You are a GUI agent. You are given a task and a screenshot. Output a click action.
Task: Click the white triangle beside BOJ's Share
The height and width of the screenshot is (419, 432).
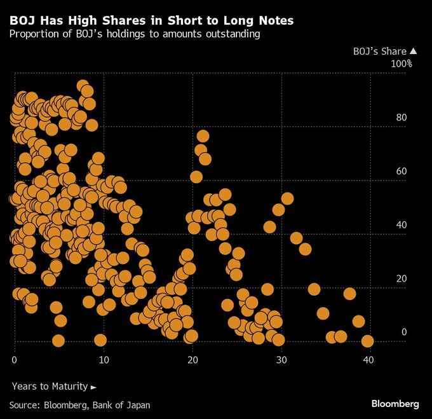coord(413,52)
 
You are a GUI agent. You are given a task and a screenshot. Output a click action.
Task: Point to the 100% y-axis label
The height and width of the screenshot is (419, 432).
coord(401,64)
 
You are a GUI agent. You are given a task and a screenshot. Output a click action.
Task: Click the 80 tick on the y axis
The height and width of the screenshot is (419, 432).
coord(400,117)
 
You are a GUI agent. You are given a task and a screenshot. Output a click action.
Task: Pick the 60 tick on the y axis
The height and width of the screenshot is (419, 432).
coord(400,171)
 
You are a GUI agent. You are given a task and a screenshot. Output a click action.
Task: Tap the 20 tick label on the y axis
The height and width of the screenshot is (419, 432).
coord(400,278)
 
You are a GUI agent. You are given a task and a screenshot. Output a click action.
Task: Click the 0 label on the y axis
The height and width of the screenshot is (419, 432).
coord(403,331)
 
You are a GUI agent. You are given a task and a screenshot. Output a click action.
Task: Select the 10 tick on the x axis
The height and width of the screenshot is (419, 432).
coord(104,360)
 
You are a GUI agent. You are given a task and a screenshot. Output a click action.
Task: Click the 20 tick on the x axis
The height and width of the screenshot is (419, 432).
coord(192,360)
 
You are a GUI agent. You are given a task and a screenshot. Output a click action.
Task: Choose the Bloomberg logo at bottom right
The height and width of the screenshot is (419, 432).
coord(395,404)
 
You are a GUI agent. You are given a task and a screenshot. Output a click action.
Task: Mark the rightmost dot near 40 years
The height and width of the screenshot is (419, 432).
coord(367,341)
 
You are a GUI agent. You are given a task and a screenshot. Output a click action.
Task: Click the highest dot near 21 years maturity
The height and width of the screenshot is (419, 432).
coord(203,136)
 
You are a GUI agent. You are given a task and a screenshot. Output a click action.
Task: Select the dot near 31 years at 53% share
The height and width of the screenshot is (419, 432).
coord(287,199)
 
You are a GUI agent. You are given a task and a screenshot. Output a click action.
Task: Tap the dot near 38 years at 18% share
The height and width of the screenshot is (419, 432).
coord(349,293)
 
